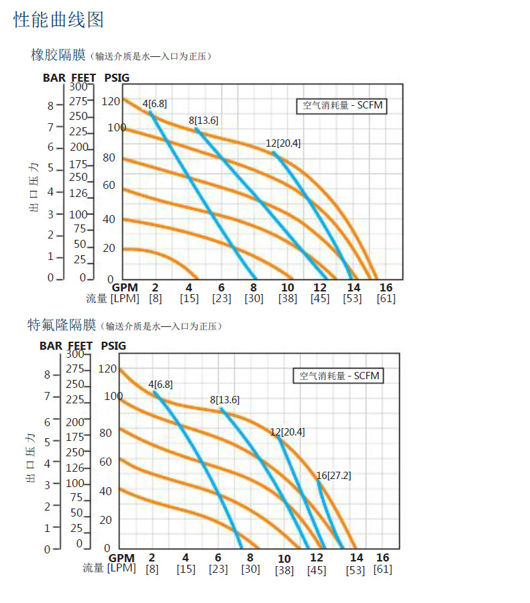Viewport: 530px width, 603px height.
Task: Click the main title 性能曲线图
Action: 59,19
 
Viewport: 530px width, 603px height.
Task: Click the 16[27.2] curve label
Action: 333,476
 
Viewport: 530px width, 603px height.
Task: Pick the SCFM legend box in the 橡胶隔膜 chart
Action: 342,105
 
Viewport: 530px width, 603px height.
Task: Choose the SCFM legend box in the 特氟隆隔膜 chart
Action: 339,376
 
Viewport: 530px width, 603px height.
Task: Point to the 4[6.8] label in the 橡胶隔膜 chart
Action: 155,103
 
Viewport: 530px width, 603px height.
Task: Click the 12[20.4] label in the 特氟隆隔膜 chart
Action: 287,432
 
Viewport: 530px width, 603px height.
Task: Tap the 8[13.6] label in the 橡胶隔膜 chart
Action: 203,121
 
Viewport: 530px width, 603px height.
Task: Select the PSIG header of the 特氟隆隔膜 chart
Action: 113,346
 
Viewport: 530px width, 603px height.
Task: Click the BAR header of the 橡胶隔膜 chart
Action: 54,78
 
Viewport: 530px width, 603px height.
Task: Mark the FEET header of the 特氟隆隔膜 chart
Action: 81,346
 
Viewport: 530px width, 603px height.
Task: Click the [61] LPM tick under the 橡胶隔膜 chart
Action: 386,299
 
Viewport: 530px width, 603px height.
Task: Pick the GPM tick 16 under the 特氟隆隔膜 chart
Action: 382,557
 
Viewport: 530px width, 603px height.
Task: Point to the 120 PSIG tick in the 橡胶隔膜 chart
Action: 111,101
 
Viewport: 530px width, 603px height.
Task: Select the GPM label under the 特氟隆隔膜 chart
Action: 121,558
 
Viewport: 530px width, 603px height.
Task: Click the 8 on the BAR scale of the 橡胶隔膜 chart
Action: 50,105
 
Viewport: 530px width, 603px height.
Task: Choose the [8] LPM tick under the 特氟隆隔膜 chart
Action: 152,569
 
